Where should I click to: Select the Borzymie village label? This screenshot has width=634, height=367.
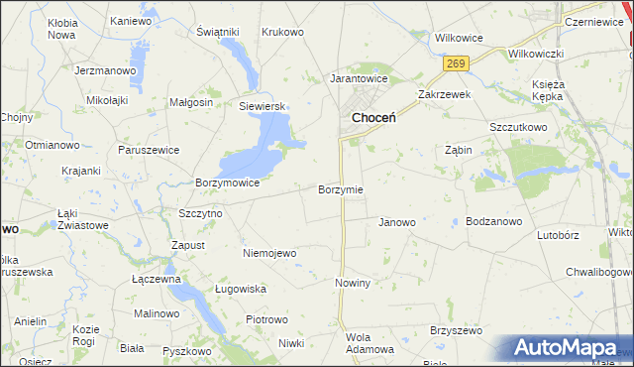coord(340,189)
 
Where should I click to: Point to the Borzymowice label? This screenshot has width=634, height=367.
coord(228,183)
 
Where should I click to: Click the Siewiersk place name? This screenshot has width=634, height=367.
coord(262,106)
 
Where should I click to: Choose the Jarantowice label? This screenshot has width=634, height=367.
coord(359,77)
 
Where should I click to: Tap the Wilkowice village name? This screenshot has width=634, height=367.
coord(459,38)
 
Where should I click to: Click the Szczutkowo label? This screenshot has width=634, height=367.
coord(518,128)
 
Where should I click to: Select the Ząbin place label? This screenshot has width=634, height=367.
coord(458,151)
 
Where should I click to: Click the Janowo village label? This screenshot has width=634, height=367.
coord(397,222)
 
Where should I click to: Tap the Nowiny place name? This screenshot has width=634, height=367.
coord(352,283)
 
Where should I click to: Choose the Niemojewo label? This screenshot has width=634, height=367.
coord(269,253)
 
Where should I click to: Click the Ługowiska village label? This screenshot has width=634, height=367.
coord(241,289)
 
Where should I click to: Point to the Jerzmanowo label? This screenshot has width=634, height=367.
coord(104,71)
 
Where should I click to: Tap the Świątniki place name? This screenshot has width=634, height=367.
coord(218,32)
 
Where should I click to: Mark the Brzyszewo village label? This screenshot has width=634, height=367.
coord(455,329)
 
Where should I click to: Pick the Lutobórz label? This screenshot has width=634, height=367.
coord(557,236)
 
